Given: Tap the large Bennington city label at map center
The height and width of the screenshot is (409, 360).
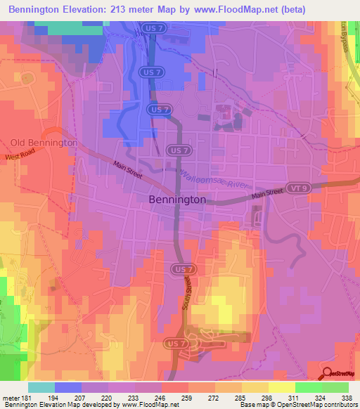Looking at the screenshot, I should [x=178, y=200].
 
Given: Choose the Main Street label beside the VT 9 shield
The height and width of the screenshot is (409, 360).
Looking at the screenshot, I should [x=267, y=191].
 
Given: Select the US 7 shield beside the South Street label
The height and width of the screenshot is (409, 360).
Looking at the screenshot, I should [x=178, y=268].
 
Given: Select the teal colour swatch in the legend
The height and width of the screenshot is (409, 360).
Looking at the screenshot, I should [x=41, y=387].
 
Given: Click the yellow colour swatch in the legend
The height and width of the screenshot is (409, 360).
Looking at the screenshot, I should [x=282, y=387].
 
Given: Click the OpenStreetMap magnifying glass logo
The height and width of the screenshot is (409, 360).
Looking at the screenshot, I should [x=328, y=375].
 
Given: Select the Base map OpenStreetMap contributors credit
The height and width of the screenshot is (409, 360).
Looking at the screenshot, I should [x=297, y=405].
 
